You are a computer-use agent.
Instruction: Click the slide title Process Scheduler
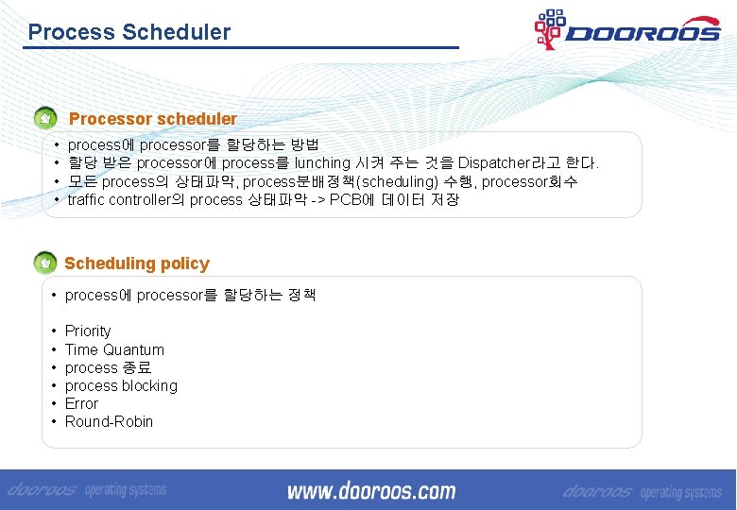tap(129, 32)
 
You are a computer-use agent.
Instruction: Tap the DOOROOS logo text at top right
tap(643, 33)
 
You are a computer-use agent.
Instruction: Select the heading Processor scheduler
tap(153, 119)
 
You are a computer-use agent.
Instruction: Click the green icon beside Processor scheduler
tap(44, 120)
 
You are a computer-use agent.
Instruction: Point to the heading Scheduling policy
tap(137, 263)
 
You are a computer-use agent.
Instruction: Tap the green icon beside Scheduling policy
tap(44, 263)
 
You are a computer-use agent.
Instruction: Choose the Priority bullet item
tap(88, 331)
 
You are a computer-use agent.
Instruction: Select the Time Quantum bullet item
tap(114, 349)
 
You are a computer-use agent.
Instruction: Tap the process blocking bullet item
tap(121, 385)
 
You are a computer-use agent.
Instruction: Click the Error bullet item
tap(81, 403)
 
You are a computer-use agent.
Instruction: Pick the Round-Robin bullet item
tap(109, 421)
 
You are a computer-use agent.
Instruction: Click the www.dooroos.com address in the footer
tap(371, 491)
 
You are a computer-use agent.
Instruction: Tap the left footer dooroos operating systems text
tap(88, 491)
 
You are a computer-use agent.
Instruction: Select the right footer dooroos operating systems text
tap(643, 492)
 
